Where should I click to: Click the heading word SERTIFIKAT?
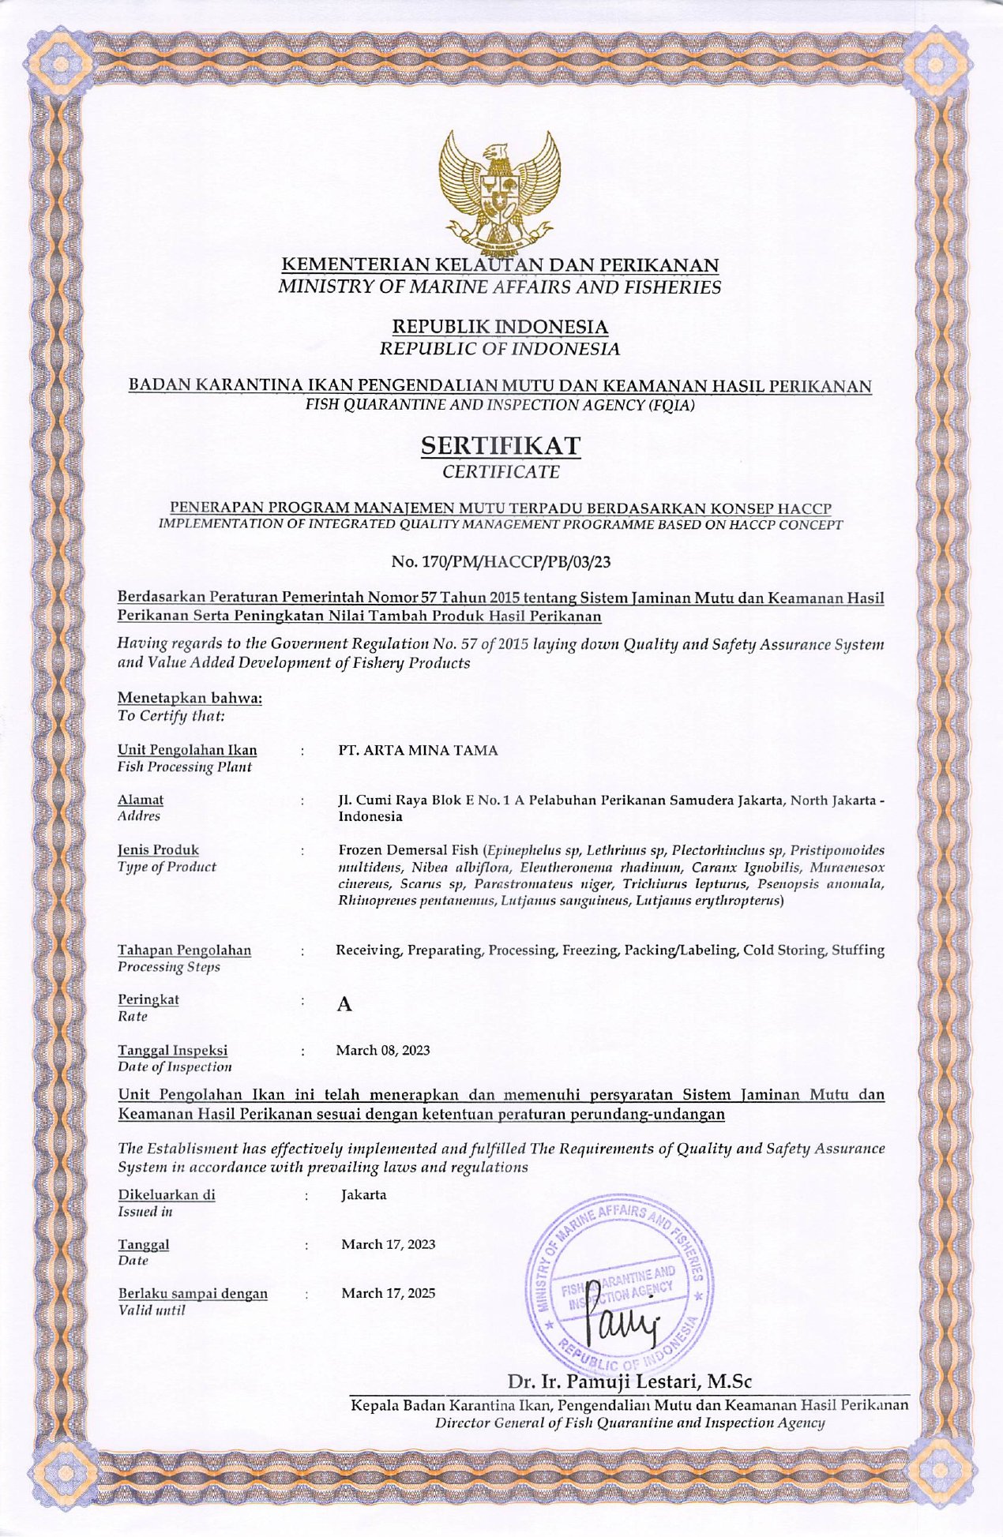(x=501, y=446)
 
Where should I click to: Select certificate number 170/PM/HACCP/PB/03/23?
(x=501, y=562)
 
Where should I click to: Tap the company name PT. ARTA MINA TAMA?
(x=418, y=751)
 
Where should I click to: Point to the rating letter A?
(x=344, y=1005)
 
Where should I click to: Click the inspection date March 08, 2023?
(x=382, y=1050)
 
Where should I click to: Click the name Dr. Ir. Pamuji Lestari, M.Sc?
(x=629, y=1381)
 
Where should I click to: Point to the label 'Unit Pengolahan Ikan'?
(x=187, y=750)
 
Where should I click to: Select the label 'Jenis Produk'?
(x=158, y=850)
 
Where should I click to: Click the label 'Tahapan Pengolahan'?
(x=184, y=950)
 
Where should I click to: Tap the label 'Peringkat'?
(x=148, y=999)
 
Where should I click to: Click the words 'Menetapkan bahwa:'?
(x=190, y=698)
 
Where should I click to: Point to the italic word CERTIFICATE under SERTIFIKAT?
(x=501, y=473)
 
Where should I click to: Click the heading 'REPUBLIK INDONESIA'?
(x=500, y=327)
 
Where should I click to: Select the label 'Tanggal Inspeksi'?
(x=172, y=1050)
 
